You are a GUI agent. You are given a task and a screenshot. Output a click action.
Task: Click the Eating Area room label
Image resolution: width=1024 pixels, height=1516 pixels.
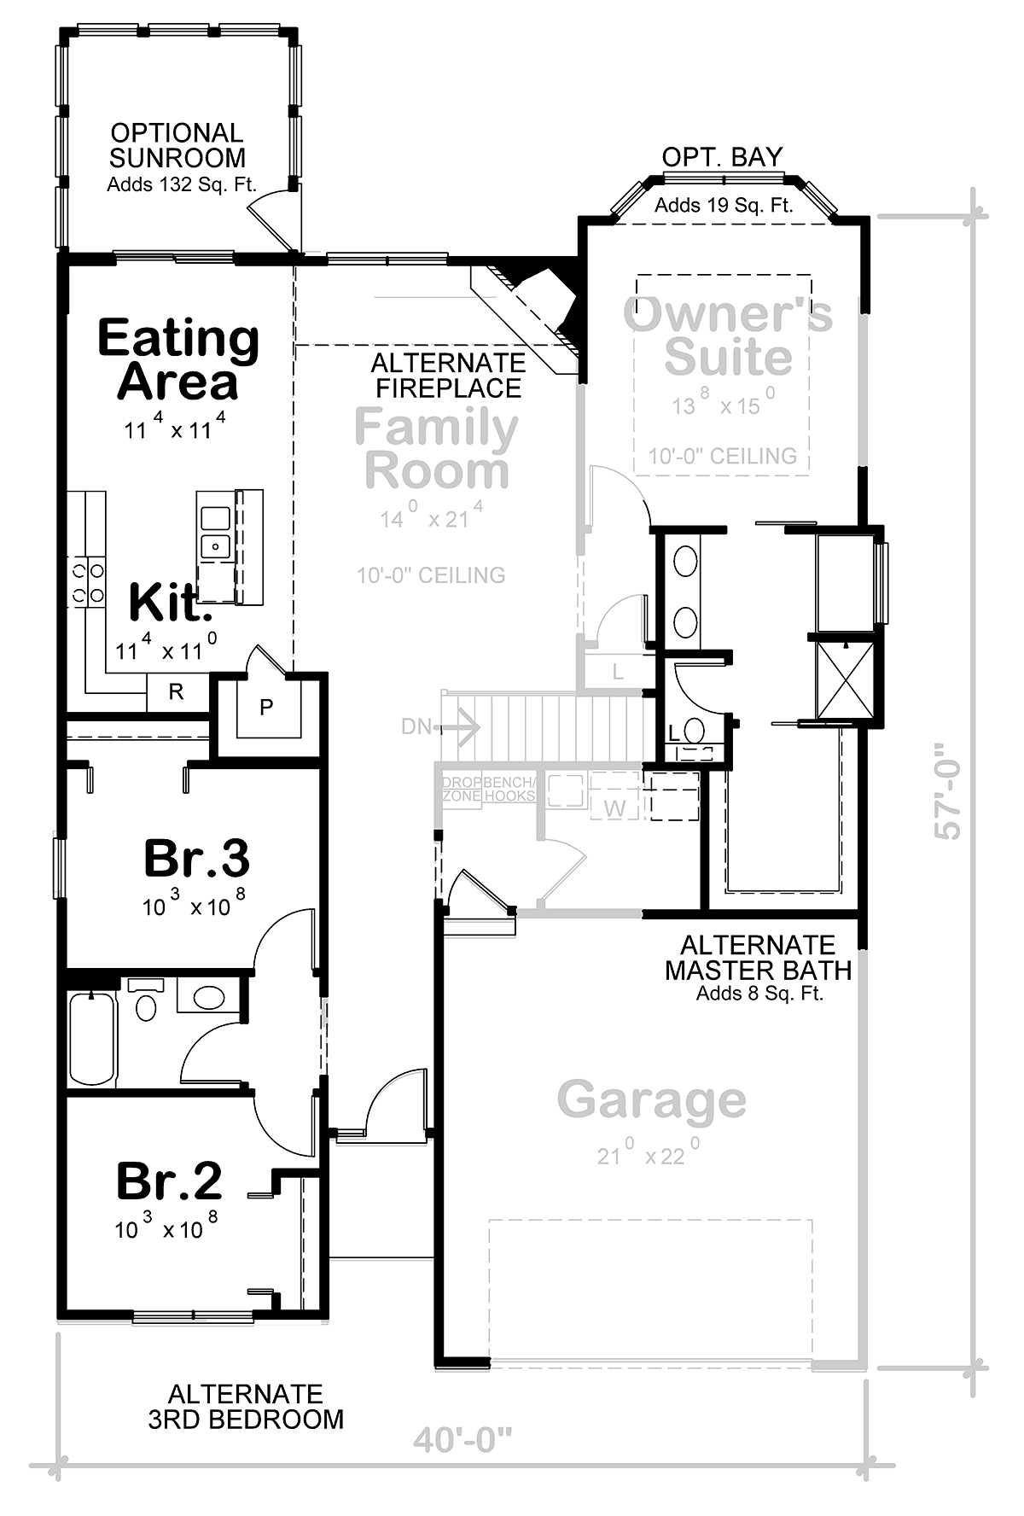point(178,359)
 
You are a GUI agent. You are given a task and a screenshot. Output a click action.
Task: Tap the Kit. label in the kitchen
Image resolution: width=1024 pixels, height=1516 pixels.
point(170,603)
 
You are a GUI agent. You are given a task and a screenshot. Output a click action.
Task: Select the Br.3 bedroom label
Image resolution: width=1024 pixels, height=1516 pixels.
point(196,858)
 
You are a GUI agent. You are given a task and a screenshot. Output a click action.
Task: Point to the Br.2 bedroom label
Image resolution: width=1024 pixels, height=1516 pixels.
point(169,1181)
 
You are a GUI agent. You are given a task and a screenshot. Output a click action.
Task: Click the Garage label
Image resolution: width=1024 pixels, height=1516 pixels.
point(651,1100)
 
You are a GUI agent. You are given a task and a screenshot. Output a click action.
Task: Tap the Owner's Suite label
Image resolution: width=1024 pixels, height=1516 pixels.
point(728,335)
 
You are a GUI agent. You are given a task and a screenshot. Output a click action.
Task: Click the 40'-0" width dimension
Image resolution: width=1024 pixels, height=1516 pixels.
point(462,1441)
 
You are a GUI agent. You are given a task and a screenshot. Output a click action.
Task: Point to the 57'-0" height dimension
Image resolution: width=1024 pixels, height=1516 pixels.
point(948,790)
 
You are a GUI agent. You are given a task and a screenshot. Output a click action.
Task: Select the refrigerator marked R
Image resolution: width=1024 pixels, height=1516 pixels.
point(177,692)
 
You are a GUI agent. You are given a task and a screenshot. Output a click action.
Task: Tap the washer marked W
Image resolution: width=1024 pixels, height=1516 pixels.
point(614,807)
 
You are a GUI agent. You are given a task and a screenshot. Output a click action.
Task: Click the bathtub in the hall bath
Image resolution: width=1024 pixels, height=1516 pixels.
point(92,1039)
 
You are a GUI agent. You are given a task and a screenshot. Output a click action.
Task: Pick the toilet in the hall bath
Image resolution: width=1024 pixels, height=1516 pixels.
point(146,1000)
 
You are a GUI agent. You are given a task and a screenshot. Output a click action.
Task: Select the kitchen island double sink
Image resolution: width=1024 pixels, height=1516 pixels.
point(214,533)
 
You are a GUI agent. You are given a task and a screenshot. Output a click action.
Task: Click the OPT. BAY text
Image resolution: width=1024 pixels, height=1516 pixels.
point(722,158)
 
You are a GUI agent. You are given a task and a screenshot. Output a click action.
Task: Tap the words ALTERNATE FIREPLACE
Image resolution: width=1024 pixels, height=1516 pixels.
point(449,376)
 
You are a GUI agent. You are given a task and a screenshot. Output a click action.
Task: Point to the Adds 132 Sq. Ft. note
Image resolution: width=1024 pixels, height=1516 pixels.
point(182,184)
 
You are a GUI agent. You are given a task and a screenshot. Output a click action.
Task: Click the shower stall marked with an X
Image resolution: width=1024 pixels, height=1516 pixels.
point(846,679)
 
